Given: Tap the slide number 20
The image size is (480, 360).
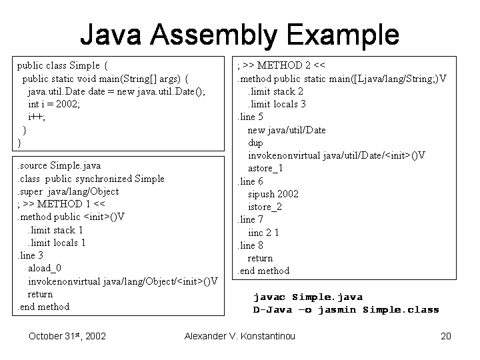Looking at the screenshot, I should coord(446,336).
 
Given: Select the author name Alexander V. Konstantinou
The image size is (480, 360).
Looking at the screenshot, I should coord(239,336).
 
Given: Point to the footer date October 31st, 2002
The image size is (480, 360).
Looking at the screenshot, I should coord(67,336).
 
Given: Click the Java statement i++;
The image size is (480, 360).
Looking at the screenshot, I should coord(37,117).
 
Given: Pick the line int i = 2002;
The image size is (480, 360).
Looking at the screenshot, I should coord(54,104).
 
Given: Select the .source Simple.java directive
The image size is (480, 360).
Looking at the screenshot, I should coord(59,165).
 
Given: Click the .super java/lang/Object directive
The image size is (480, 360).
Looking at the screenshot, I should coord(68,191).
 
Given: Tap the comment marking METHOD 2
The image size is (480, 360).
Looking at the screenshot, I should coord(281,65).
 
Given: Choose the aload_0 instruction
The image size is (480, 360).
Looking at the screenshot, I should coord(45,268).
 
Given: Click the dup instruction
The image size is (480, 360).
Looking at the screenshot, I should coord(255,143).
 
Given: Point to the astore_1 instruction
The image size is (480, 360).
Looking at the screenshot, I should coord(265,168).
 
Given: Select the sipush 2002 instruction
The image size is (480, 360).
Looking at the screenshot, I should coord(273,194).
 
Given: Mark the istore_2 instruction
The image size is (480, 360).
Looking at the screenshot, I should coord(265,207).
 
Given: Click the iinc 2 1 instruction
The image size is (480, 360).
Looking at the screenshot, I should coord(263,233).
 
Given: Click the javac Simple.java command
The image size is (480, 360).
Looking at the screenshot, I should coord(308,297).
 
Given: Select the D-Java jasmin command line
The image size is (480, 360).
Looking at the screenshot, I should coord(346,310).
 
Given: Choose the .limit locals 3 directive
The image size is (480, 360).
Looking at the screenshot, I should coord(277,104).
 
